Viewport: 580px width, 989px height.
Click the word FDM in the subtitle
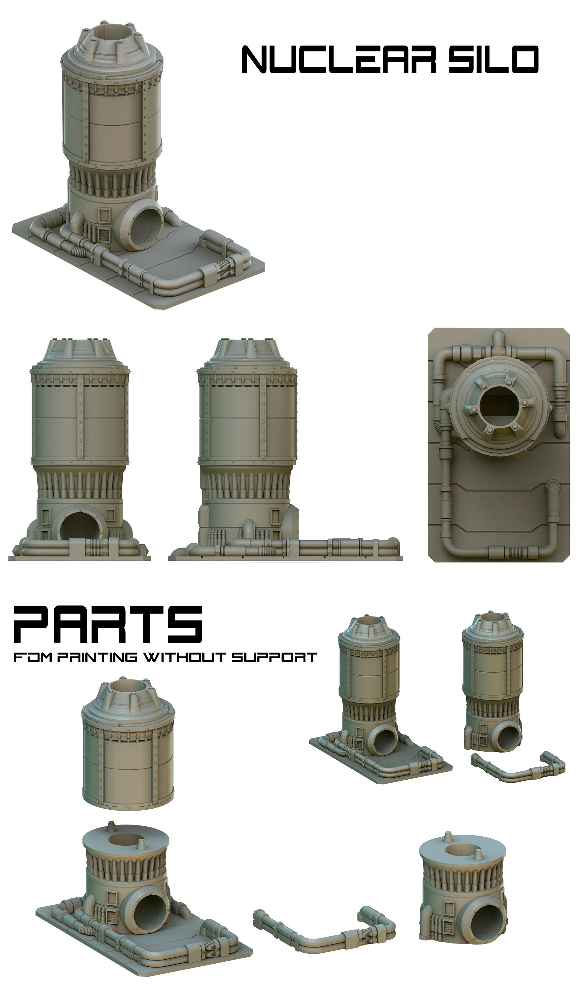(33, 657)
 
